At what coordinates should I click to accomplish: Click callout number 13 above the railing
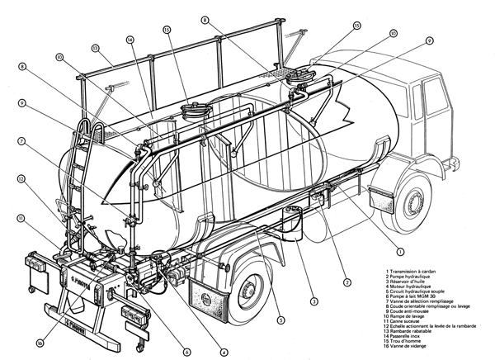point(96,48)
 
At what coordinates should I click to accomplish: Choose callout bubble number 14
point(130,39)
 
